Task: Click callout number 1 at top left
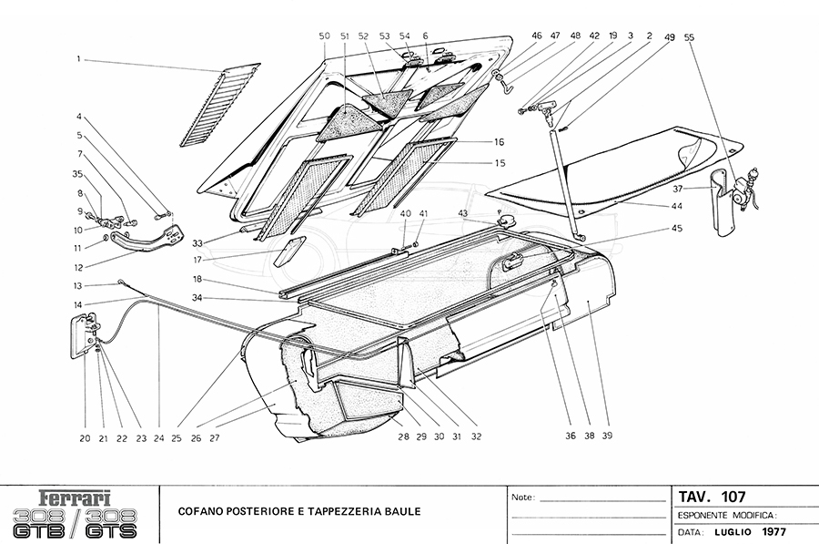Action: (79, 59)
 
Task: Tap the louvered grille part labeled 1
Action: (219, 105)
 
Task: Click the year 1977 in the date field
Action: (773, 531)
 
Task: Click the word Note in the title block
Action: (522, 498)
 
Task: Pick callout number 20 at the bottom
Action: (85, 437)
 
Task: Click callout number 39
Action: (606, 436)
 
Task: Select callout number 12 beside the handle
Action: (79, 267)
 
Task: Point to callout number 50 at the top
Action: (324, 36)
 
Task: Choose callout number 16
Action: (499, 143)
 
